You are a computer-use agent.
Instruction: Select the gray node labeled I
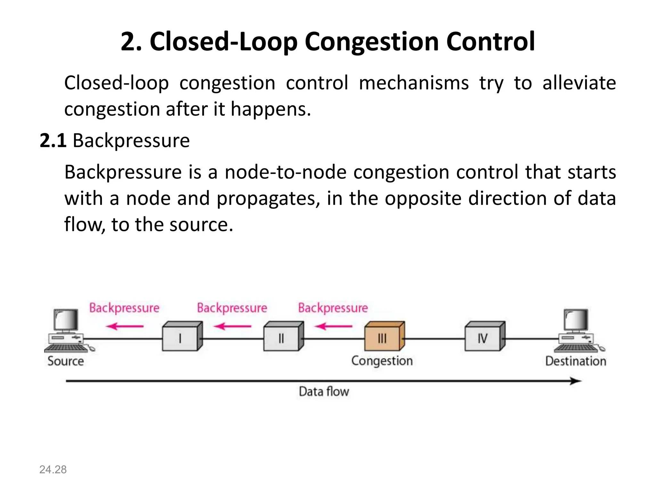182,337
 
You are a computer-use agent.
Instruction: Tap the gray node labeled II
283,337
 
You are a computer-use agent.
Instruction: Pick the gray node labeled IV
484,337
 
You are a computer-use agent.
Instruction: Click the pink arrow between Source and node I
125,326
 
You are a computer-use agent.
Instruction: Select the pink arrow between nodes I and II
233,326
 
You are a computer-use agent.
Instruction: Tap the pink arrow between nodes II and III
333,326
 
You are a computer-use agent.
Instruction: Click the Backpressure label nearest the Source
124,308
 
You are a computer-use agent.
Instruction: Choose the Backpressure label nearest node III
333,308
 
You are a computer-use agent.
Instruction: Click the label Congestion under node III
382,361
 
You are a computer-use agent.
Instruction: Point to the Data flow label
324,391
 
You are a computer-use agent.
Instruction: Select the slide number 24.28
53,470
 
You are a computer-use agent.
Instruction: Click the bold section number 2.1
53,140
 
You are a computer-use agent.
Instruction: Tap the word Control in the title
490,42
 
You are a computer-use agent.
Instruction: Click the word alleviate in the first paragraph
579,83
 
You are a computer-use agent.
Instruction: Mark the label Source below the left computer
66,361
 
